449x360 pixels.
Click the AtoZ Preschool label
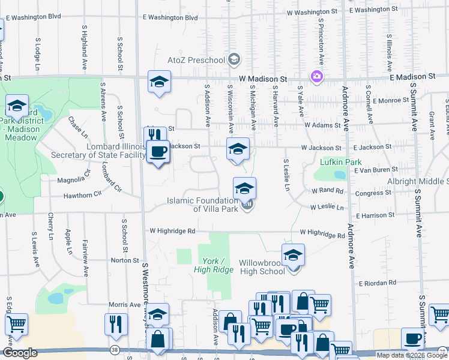pos(196,59)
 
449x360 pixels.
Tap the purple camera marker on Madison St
pos(316,76)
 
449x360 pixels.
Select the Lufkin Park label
pos(340,162)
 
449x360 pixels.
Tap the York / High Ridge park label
pos(213,265)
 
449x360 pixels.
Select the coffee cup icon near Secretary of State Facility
pos(158,151)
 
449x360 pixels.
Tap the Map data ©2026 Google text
pos(411,355)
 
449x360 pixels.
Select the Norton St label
pos(125,260)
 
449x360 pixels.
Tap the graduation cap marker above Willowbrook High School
pos(293,255)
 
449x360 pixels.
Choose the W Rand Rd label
pos(327,191)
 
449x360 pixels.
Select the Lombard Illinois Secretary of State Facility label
pos(116,151)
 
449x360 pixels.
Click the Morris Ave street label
pos(124,305)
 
